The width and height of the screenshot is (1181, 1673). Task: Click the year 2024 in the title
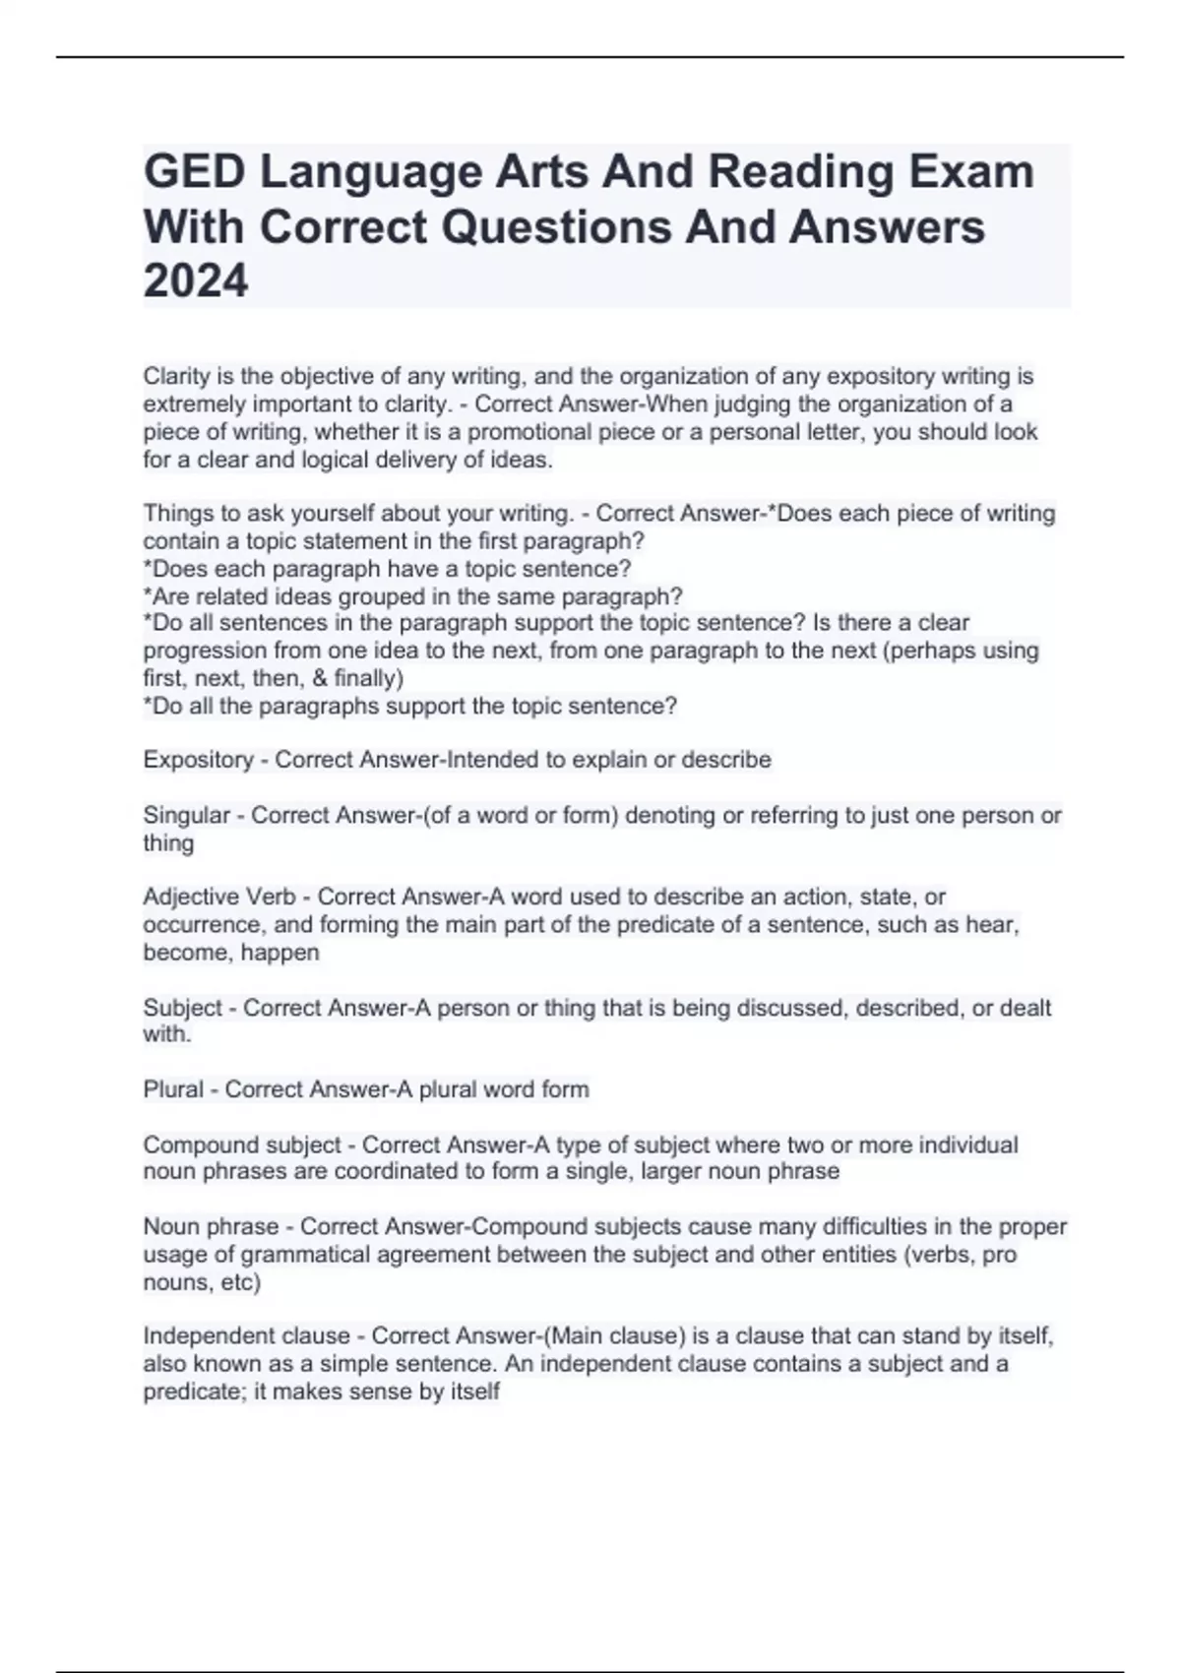click(x=196, y=281)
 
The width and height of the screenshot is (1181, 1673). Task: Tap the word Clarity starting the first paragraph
click(x=174, y=376)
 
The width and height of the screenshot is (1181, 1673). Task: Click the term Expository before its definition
click(x=198, y=760)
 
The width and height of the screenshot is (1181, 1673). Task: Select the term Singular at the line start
click(x=186, y=816)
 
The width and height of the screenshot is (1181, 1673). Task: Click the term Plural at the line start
click(x=172, y=1089)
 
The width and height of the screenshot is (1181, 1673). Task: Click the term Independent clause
click(x=246, y=1336)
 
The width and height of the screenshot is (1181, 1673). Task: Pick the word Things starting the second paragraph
click(x=175, y=514)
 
